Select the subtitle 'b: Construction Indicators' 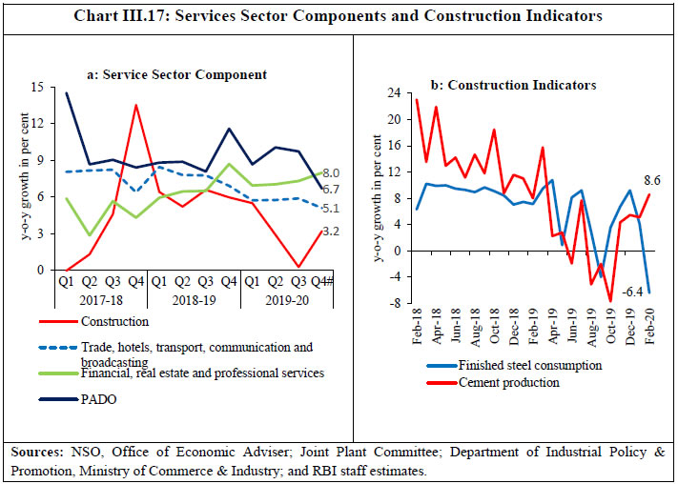click(x=514, y=85)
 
